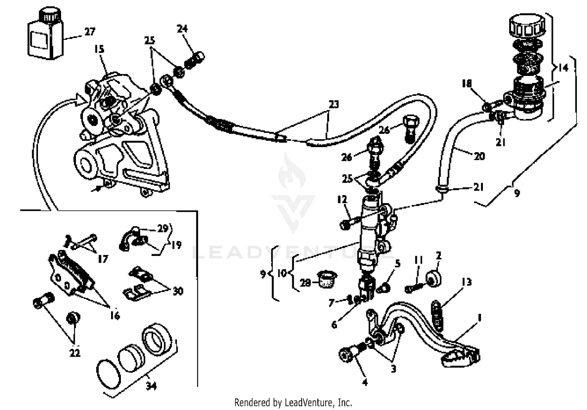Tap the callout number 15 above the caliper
[x=99, y=49]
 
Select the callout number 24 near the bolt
[x=182, y=29]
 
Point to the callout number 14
[x=563, y=68]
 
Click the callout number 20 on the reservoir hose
[x=479, y=156]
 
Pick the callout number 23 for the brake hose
[x=333, y=104]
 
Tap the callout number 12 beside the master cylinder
[x=342, y=200]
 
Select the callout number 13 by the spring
[x=466, y=282]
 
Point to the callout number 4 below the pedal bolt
[x=365, y=382]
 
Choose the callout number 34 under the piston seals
[x=151, y=386]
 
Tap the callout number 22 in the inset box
[x=74, y=352]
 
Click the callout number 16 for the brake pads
[x=114, y=315]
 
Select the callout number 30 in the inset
[x=178, y=291]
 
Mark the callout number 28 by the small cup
[x=305, y=282]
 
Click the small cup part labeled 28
[x=326, y=279]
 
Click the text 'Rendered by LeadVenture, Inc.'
[x=293, y=402]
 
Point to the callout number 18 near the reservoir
[x=466, y=84]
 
